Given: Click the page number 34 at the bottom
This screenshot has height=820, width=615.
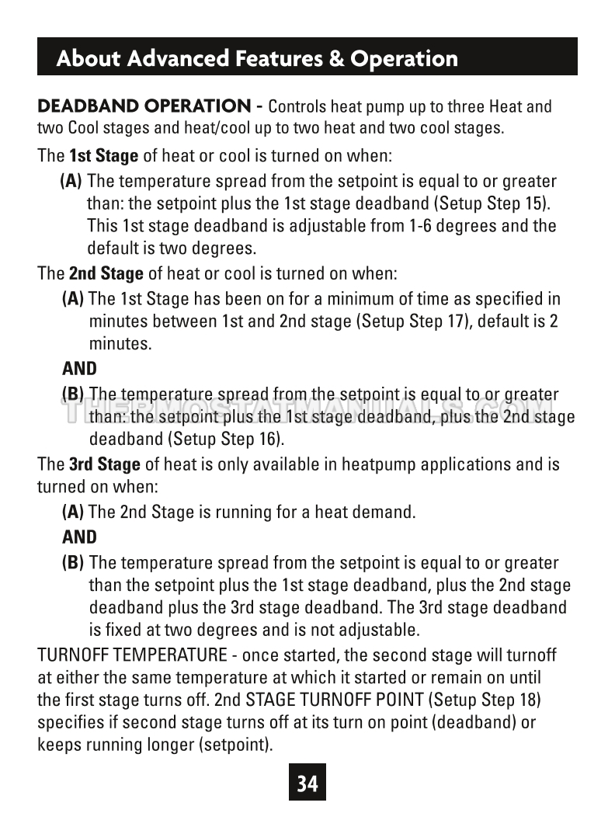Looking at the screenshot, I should coord(307,783).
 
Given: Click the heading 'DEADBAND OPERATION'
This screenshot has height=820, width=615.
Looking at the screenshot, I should coord(144,106).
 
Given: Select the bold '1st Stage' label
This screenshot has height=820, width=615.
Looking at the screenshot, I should coord(103,155).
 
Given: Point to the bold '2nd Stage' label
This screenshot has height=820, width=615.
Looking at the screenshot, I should coord(106,273).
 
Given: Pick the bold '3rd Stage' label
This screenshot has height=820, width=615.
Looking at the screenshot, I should coord(104,464).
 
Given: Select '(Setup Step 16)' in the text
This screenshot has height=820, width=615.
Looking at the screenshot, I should coord(226,439).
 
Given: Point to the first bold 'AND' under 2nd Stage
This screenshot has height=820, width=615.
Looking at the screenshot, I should coord(79,369).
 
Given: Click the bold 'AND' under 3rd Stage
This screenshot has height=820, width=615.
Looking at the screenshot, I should coord(79,537).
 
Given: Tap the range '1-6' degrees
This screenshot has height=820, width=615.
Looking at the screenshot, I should coord(422,227).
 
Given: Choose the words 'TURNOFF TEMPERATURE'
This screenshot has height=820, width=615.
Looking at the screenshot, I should coord(132,655).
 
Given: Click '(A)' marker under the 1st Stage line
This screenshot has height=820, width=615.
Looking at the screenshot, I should coord(71,182).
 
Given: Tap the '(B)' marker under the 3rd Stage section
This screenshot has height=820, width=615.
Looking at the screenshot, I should coord(73,563).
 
